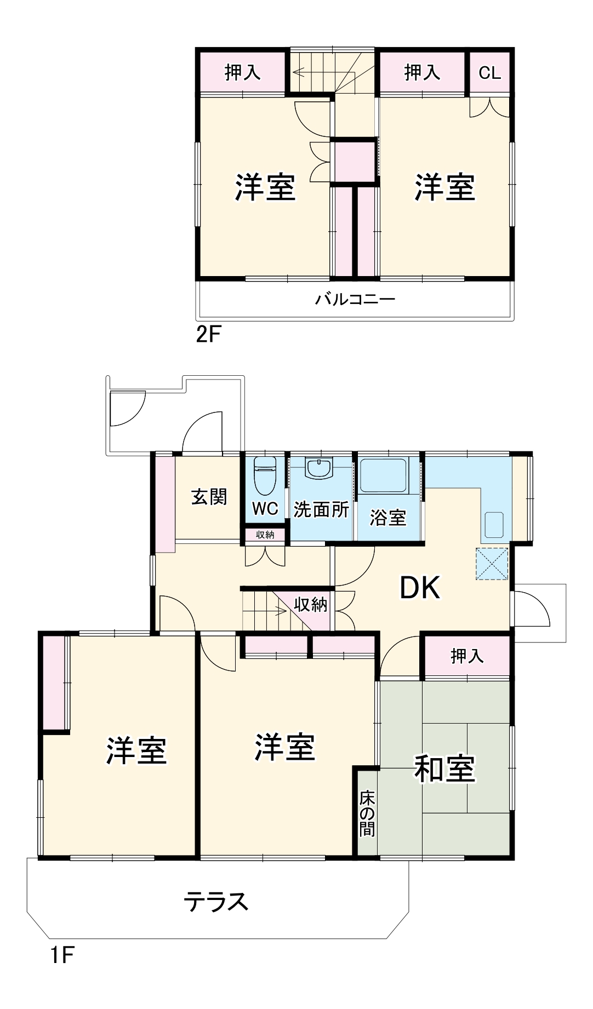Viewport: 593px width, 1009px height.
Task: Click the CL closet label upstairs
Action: point(489,72)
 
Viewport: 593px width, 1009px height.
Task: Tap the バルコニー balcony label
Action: point(355,299)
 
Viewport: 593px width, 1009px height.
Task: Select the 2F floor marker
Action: point(208,334)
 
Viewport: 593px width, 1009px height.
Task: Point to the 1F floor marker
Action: point(61,955)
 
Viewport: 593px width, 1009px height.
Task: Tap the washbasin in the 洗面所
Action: point(320,469)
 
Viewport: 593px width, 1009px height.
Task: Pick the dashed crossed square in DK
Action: point(492,564)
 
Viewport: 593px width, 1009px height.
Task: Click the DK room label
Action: point(420,588)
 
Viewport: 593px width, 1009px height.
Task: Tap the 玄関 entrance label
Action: point(209,497)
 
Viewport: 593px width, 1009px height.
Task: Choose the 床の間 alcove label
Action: point(367,814)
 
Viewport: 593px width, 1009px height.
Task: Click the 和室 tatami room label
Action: point(444,769)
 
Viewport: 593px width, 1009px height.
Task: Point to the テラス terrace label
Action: point(216,902)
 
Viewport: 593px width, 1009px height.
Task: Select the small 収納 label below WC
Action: point(265,535)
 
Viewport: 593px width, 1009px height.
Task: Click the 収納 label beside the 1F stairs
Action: point(311,604)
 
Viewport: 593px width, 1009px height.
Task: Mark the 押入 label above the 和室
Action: point(467,656)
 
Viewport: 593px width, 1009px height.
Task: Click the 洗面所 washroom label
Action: point(321,509)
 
